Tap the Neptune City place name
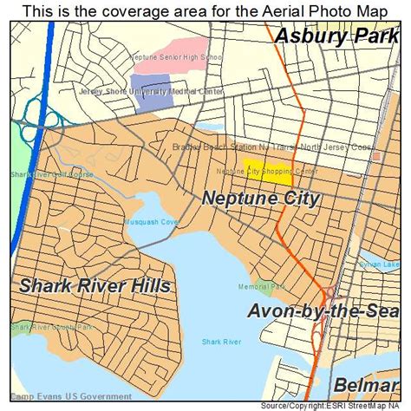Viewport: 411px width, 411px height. (x=261, y=199)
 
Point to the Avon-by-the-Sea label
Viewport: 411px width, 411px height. (x=322, y=311)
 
